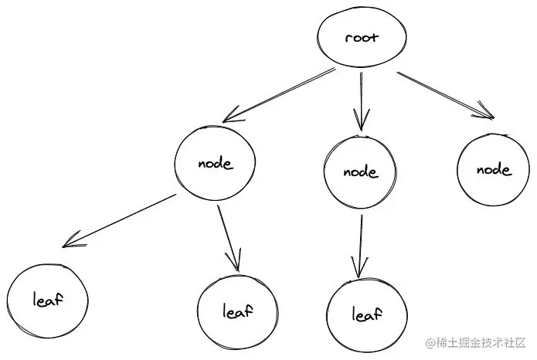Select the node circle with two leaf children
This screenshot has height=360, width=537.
[x=214, y=163]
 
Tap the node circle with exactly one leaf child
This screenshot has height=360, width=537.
[x=362, y=172]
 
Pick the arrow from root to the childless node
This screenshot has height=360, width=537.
[x=444, y=95]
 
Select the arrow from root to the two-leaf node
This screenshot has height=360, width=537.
[x=278, y=96]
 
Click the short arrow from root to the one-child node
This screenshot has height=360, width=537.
[x=359, y=100]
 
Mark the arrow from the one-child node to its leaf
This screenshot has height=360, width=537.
[x=359, y=245]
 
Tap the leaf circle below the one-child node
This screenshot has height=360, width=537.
[x=368, y=314]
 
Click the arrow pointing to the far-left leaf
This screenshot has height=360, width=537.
[x=120, y=219]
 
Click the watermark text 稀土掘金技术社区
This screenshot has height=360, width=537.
[x=481, y=343]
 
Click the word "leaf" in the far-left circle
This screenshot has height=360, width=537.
[x=46, y=298]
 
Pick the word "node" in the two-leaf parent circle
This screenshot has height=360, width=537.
[x=215, y=163]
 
